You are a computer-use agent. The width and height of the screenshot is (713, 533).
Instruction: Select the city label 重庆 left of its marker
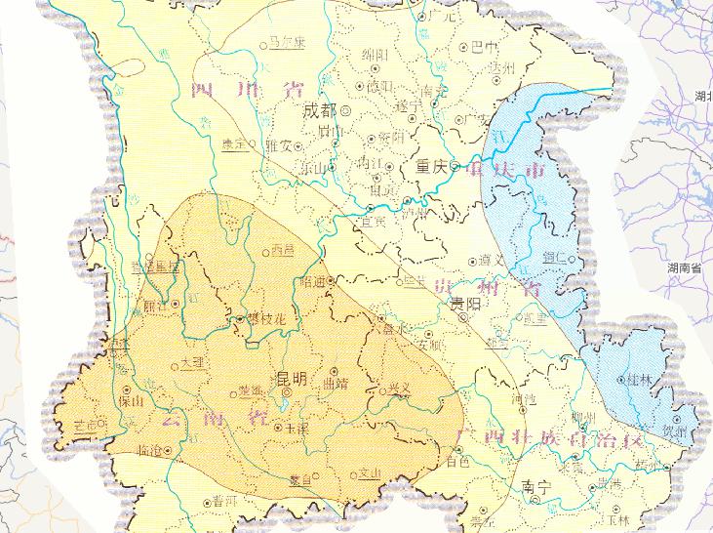429,165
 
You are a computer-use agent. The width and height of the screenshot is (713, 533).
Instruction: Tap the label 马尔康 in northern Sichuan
288,43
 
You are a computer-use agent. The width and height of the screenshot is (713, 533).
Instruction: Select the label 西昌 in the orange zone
282,250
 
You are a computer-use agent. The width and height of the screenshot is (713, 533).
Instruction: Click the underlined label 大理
194,362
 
